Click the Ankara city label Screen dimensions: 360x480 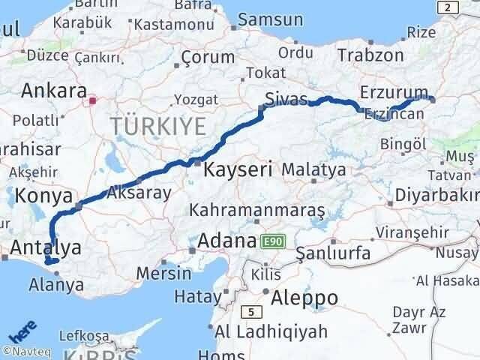(54, 91)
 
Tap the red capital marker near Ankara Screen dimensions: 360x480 (93, 100)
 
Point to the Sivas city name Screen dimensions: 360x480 (285, 97)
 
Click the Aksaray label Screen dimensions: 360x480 (139, 192)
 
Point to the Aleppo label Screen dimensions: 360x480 (304, 297)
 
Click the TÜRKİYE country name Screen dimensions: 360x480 (157, 126)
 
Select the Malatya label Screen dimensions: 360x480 (314, 169)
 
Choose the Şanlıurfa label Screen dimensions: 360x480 (333, 253)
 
